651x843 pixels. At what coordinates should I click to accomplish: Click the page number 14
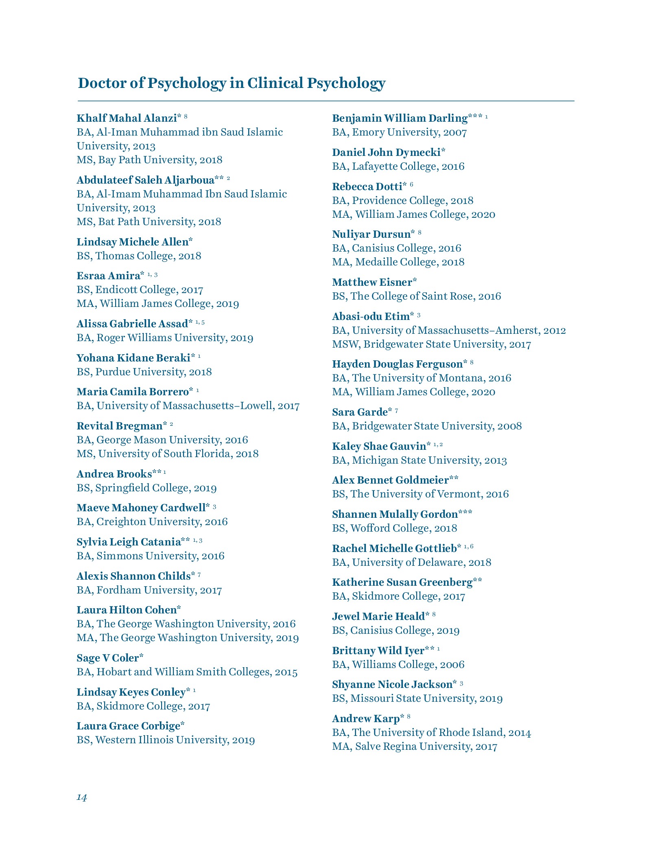(x=82, y=797)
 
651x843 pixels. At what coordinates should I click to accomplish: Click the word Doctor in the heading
(x=99, y=83)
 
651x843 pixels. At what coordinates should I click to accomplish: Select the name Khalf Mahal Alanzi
(x=127, y=118)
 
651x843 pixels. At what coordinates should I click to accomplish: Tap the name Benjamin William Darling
(x=400, y=118)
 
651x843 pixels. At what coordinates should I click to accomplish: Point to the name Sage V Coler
(x=108, y=658)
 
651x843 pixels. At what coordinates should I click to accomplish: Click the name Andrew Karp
(x=366, y=718)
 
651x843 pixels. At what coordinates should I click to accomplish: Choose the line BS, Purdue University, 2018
(x=144, y=372)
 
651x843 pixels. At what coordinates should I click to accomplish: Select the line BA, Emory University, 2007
(x=399, y=132)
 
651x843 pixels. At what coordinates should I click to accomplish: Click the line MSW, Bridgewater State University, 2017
(x=431, y=344)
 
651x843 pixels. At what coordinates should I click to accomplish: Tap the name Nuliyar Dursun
(x=371, y=234)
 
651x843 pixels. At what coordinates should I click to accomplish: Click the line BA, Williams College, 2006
(x=398, y=665)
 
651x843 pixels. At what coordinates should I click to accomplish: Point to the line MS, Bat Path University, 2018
(x=149, y=222)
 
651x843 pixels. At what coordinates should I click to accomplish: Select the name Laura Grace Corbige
(x=128, y=726)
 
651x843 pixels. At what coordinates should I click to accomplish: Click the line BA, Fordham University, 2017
(x=149, y=590)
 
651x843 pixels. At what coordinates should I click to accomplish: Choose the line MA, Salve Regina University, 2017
(x=414, y=747)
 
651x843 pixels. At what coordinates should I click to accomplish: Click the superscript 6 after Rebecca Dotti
(x=411, y=185)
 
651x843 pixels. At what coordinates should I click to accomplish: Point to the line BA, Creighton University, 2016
(x=152, y=522)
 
